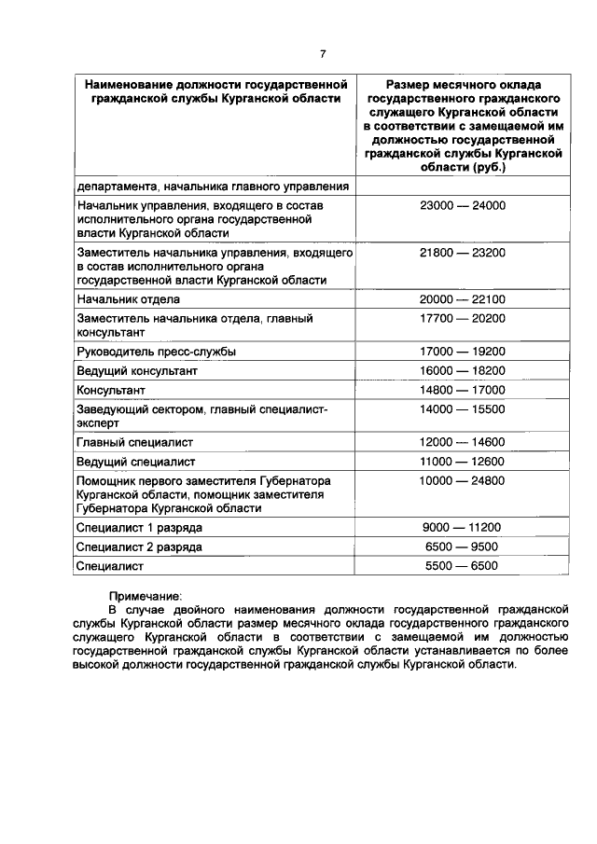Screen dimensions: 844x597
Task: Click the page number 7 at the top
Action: click(x=323, y=53)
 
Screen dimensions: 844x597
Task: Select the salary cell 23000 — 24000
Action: click(x=463, y=205)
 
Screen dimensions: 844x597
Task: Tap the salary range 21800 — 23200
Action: click(x=463, y=253)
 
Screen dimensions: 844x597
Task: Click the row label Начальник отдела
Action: click(x=129, y=299)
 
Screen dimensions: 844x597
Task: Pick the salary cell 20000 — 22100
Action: click(x=463, y=299)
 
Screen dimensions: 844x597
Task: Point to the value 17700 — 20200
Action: click(x=463, y=319)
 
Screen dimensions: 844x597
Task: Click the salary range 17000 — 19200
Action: click(x=463, y=352)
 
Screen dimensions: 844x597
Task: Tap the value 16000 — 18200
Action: click(x=463, y=371)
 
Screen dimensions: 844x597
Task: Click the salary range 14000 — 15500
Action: click(x=463, y=409)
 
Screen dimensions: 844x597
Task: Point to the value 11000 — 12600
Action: click(x=463, y=462)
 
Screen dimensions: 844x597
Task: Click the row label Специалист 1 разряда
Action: click(x=140, y=528)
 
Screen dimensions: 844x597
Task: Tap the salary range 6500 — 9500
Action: click(x=463, y=547)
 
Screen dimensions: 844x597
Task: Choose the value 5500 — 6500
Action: click(x=463, y=566)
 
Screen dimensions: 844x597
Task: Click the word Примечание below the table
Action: click(x=146, y=596)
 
